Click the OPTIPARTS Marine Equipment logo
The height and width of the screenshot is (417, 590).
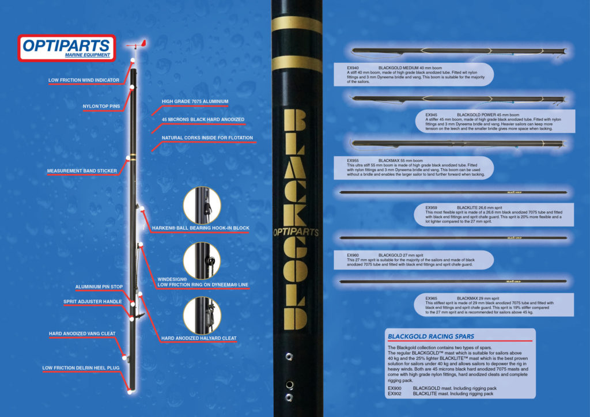pos(64,48)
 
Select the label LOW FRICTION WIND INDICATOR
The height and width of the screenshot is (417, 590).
pos(84,80)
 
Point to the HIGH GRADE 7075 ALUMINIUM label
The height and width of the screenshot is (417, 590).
pos(195,101)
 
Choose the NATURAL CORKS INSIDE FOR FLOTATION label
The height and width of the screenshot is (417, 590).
pos(207,138)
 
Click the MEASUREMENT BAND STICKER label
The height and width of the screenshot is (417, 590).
pos(81,171)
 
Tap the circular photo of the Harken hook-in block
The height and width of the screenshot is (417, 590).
pos(202,206)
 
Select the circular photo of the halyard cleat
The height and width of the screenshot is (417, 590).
pos(202,315)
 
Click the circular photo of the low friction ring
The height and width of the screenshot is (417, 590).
pos(202,260)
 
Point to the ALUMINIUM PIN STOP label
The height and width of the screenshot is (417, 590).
pos(99,287)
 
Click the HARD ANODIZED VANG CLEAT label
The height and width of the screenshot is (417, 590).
pos(82,333)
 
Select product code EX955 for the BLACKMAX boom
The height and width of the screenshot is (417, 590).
pos(353,161)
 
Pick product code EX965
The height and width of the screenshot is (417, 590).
pos(432,298)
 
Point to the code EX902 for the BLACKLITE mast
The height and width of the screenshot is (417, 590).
pos(395,394)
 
